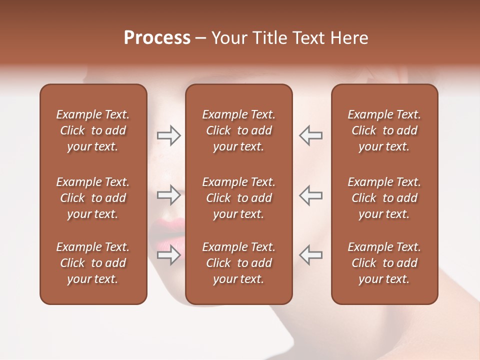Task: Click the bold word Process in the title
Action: click(157, 38)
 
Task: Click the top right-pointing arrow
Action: click(169, 135)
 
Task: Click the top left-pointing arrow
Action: click(310, 135)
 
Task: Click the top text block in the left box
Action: click(93, 130)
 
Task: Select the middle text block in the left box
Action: click(93, 198)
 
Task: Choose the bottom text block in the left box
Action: click(93, 263)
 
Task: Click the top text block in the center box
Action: click(238, 130)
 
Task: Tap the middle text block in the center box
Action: click(238, 198)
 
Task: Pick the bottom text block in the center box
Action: click(238, 263)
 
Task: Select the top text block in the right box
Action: click(384, 130)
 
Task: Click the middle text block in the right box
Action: click(384, 198)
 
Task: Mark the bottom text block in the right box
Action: click(384, 263)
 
